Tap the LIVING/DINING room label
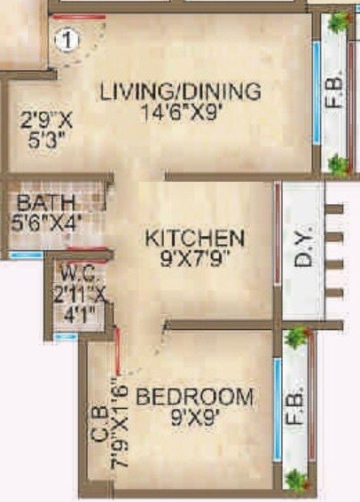(x=180, y=91)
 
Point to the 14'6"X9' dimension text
(x=180, y=112)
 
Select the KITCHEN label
(x=195, y=238)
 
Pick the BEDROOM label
(x=196, y=396)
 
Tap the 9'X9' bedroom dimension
(x=197, y=415)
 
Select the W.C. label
(x=75, y=272)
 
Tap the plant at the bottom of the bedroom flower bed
(x=295, y=481)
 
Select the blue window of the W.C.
(x=65, y=337)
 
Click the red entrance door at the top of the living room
(x=78, y=17)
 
